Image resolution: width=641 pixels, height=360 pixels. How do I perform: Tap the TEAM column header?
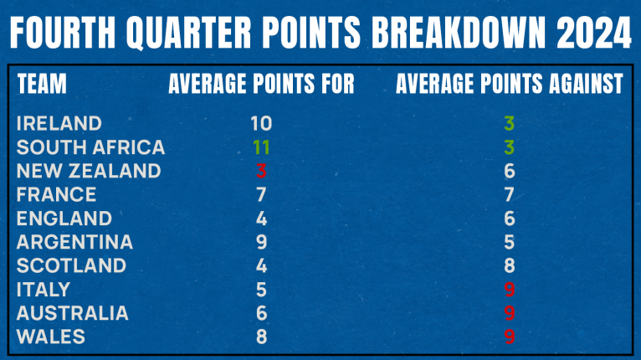point(42,84)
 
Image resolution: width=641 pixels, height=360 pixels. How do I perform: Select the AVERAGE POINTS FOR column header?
point(261,84)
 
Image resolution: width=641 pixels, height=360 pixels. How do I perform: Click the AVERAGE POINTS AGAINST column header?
point(509,84)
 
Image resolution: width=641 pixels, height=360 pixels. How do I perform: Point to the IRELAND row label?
point(59,123)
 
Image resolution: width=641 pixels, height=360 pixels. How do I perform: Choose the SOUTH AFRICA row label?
point(90,147)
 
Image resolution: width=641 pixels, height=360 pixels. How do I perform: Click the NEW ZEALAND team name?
point(89,171)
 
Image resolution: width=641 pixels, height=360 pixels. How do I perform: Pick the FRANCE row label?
point(56,195)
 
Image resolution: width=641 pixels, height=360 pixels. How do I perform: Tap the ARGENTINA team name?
point(74,242)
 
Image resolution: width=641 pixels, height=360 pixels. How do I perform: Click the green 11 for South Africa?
point(261,147)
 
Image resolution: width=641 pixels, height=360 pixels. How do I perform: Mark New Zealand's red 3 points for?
point(261,171)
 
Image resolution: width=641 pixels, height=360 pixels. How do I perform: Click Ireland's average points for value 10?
point(261,123)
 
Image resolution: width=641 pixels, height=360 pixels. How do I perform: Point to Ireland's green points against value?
point(509,123)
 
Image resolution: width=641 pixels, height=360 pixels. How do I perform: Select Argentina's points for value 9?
point(261,242)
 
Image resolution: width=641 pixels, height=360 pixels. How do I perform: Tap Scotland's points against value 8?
point(509,265)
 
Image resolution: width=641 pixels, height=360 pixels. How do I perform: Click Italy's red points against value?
point(509,290)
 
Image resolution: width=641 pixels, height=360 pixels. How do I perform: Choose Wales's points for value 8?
point(261,337)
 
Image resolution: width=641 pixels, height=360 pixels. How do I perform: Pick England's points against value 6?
point(509,219)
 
